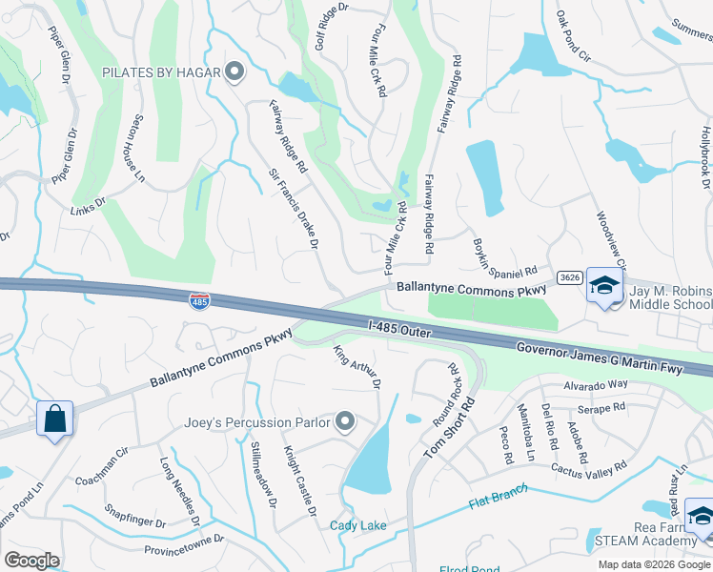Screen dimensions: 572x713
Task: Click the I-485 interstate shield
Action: click(199, 301)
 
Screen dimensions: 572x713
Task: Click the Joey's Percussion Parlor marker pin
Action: click(345, 421)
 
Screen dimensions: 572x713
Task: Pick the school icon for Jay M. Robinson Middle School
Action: click(603, 286)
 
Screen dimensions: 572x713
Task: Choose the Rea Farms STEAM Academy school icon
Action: click(701, 516)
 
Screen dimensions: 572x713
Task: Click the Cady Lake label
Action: click(358, 526)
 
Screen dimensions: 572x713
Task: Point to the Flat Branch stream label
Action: click(498, 500)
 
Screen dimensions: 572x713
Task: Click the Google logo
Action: click(32, 561)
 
